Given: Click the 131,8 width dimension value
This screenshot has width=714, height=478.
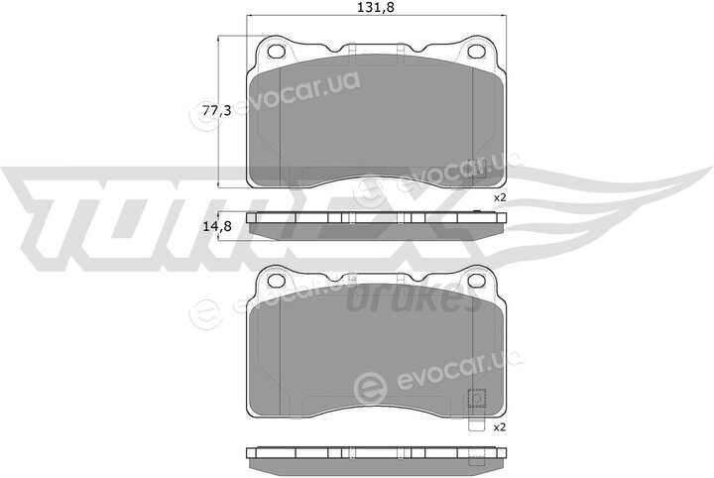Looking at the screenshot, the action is [376, 7].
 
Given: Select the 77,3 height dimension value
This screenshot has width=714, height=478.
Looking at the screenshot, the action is [217, 110].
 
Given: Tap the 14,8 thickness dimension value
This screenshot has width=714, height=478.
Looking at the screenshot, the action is [217, 226].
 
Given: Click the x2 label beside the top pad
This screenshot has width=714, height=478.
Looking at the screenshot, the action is [500, 198].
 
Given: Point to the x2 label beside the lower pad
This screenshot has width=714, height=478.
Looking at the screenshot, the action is [500, 427].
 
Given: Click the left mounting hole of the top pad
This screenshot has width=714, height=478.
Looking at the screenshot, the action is [276, 52].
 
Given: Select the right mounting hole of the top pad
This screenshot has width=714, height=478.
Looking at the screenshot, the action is [477, 52].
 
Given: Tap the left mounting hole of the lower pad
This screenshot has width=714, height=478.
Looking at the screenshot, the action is [276, 281].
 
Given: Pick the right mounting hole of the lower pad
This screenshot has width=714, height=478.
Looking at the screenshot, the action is [477, 281].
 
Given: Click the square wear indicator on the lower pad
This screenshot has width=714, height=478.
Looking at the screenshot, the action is [477, 399].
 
